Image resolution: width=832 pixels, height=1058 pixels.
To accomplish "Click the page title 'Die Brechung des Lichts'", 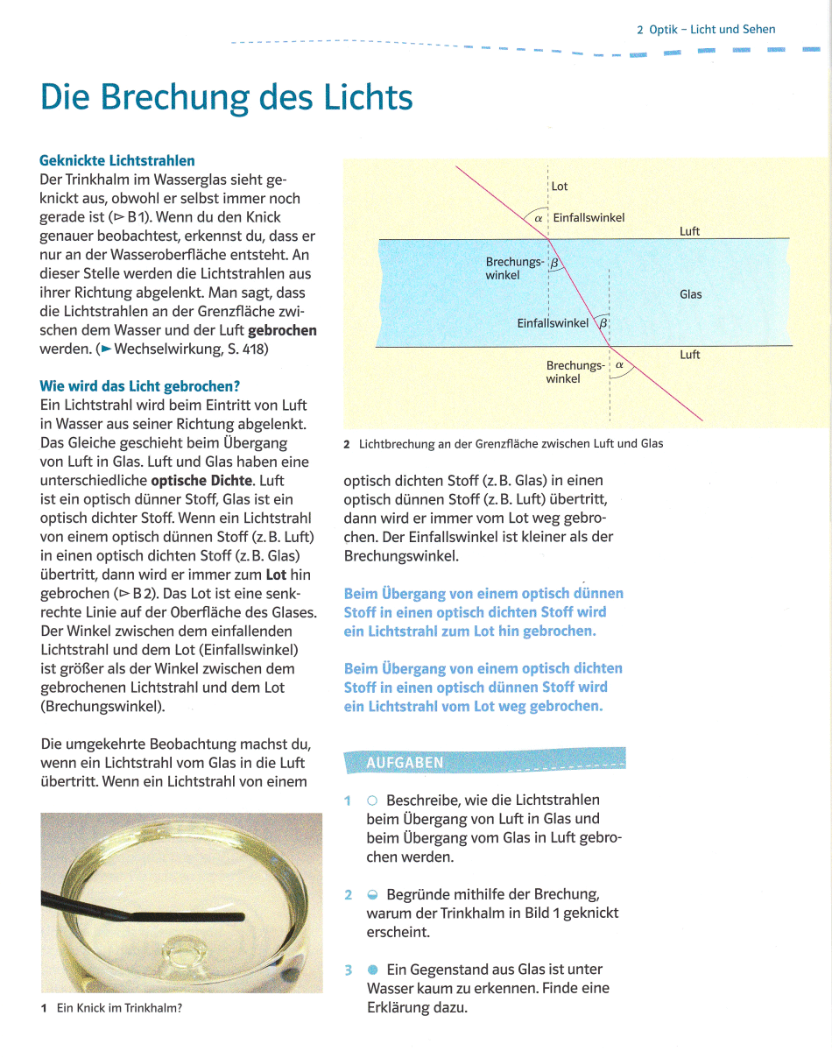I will tap(226, 96).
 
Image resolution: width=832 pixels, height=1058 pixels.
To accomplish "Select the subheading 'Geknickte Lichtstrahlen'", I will tap(117, 160).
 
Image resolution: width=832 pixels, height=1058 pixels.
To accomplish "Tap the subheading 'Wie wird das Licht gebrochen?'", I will tap(140, 386).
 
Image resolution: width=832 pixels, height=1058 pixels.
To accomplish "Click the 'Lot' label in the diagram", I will tap(560, 187).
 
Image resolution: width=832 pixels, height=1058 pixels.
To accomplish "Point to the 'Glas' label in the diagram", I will tap(690, 294).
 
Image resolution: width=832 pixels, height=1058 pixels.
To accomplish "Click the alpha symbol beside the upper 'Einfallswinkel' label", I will tap(539, 218).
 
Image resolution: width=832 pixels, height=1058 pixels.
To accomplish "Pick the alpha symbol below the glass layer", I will tap(619, 364).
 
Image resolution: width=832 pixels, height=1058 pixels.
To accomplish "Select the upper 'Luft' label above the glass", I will tap(689, 231).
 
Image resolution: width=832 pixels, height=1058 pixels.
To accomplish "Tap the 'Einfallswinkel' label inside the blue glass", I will tap(553, 322).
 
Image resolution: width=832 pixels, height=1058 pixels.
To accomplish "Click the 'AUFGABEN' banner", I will tap(405, 762).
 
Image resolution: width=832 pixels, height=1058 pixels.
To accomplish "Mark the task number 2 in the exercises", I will tap(348, 894).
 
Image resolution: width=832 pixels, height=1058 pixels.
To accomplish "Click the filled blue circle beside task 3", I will tap(372, 970).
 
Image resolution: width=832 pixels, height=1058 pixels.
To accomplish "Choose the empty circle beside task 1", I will tap(372, 801).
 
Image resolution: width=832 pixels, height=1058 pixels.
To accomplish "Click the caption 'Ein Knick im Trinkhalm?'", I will tap(119, 1008).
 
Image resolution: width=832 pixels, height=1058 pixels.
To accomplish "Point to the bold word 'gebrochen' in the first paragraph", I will tap(283, 330).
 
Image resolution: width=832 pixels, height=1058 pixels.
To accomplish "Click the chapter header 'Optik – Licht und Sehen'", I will tap(711, 29).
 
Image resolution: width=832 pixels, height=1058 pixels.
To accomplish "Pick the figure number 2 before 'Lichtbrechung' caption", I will tap(347, 444).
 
